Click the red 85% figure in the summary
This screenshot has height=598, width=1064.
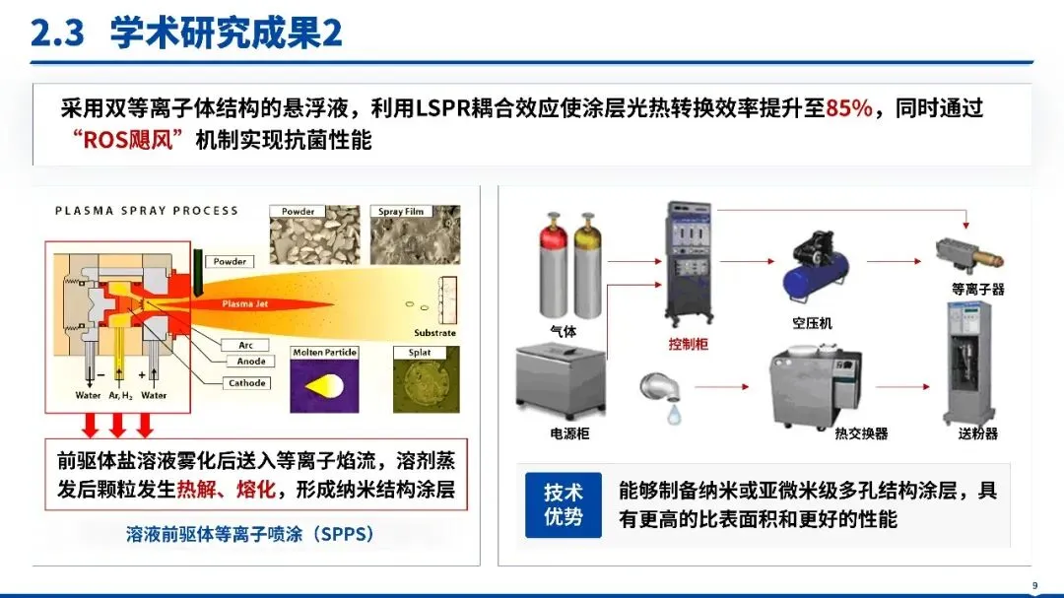849,108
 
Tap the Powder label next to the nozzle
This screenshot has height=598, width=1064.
230,261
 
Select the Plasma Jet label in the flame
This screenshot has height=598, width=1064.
245,304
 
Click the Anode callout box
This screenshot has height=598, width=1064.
250,362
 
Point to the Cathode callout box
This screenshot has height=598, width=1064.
246,383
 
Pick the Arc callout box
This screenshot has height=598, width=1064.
245,346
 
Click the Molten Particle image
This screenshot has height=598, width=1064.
324,379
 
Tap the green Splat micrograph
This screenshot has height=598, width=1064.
427,379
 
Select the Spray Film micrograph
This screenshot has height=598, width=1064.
416,234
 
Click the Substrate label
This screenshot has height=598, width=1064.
435,333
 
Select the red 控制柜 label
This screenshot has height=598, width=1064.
688,344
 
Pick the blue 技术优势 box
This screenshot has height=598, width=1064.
564,505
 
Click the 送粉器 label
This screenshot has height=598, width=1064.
978,433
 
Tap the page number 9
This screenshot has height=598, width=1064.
1034,585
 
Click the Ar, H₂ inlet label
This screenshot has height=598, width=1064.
121,395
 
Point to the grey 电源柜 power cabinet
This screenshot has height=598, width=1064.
561,380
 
